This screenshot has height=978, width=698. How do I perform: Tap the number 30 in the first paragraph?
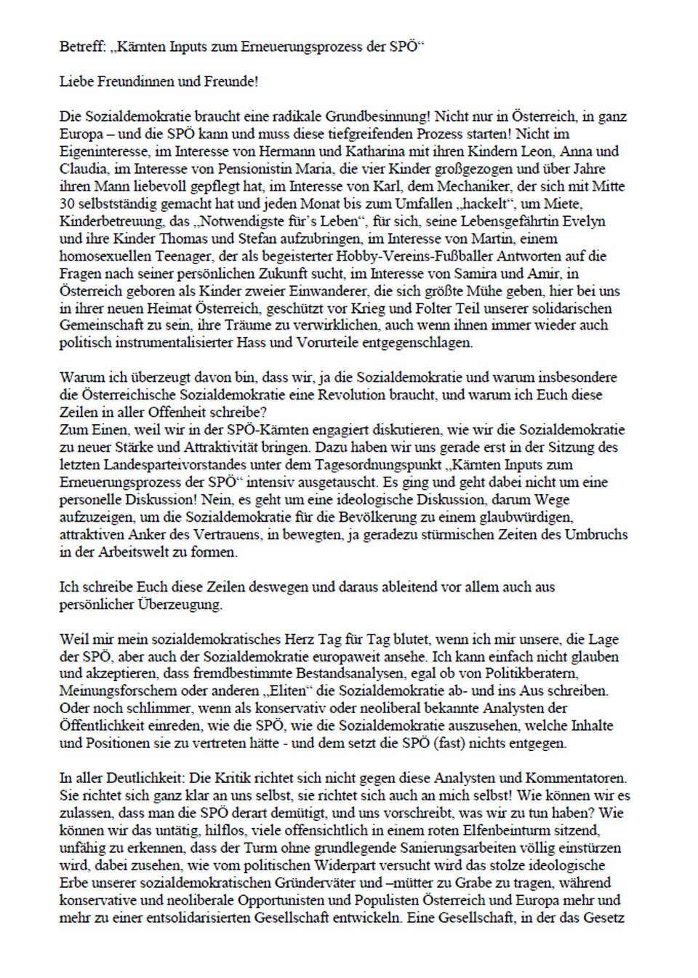click(66, 204)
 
